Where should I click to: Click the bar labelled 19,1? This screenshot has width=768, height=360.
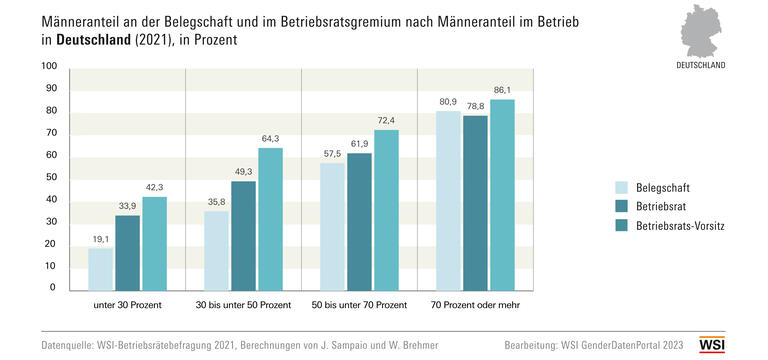click(x=100, y=268)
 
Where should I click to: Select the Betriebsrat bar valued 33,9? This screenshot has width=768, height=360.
click(x=127, y=251)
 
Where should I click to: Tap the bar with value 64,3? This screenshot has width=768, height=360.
click(x=271, y=218)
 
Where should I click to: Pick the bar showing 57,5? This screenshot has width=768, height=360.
click(x=332, y=225)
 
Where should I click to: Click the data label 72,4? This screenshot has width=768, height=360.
click(x=386, y=121)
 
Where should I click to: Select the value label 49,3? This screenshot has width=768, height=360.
click(x=244, y=172)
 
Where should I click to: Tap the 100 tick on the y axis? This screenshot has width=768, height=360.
click(x=49, y=67)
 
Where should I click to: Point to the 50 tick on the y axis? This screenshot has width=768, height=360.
click(x=51, y=178)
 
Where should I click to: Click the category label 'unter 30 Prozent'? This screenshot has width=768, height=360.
click(x=127, y=304)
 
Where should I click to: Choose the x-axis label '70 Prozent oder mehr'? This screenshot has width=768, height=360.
click(x=475, y=304)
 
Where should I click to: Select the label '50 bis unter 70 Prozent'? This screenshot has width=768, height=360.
click(x=359, y=304)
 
